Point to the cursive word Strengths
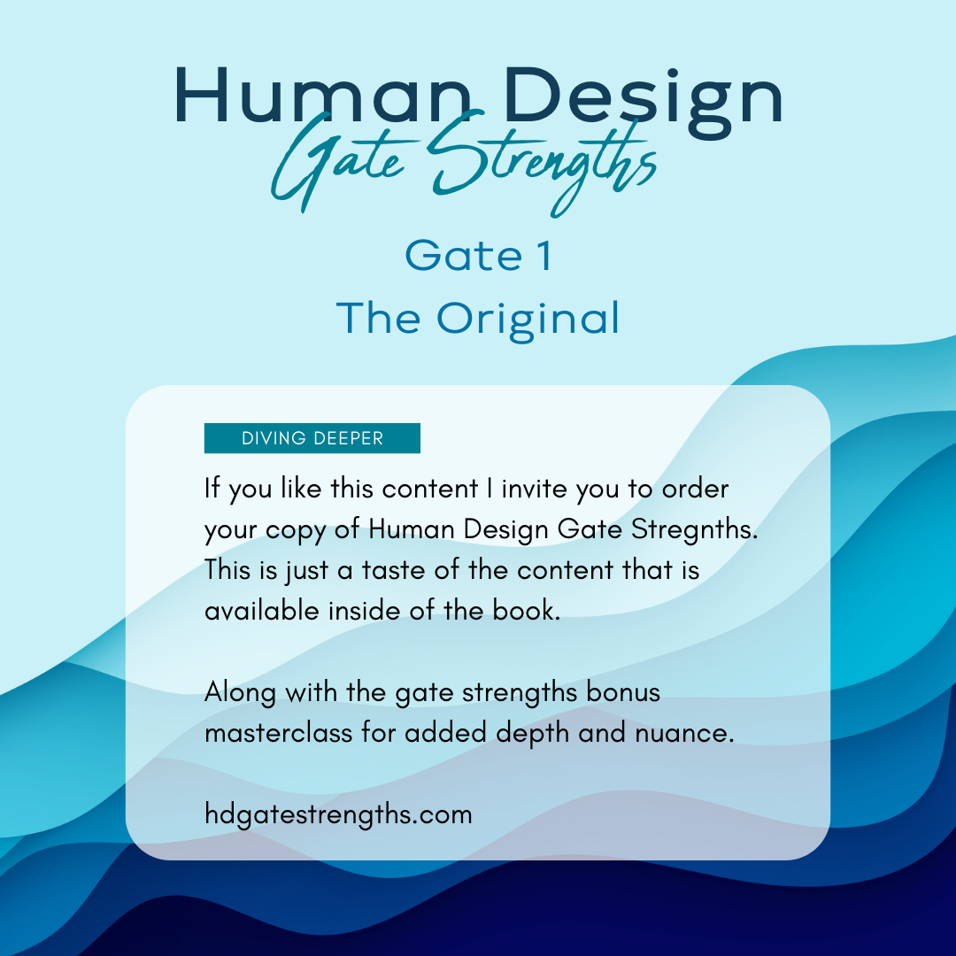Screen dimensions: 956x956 (x=543, y=162)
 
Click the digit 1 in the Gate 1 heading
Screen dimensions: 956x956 (x=545, y=256)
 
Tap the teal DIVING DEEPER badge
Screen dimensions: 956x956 (x=312, y=438)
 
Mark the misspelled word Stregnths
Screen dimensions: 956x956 (x=695, y=529)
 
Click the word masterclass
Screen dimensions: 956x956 (x=279, y=732)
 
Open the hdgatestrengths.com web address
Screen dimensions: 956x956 (x=338, y=814)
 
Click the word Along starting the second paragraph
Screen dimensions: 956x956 (x=240, y=693)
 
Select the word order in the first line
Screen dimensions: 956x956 (x=696, y=489)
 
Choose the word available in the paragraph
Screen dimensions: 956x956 (x=262, y=610)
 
